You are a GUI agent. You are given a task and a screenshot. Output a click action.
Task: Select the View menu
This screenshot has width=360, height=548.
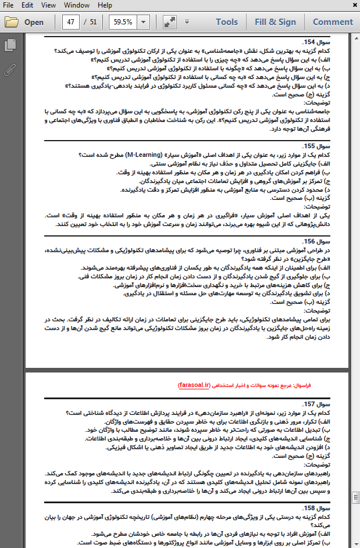point(49,5)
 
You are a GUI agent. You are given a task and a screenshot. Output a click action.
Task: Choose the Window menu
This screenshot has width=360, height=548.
point(76,5)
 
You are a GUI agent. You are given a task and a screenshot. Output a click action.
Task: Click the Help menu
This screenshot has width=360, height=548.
point(105,5)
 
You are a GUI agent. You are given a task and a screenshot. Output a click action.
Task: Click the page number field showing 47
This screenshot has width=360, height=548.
point(72,22)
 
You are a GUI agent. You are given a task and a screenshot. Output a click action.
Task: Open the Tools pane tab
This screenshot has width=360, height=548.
point(227,22)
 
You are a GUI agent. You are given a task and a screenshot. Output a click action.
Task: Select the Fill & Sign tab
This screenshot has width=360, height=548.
point(275,22)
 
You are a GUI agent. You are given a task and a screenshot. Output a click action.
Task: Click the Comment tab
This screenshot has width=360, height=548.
point(333,22)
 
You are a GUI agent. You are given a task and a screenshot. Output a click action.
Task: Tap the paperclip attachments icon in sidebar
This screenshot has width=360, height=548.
point(9,70)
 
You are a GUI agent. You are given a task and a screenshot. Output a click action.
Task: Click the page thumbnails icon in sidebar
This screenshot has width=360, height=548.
point(9,45)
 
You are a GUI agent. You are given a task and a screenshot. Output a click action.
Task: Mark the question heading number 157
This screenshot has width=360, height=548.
point(304,403)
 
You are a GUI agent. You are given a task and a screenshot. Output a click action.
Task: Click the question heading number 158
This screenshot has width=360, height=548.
point(304,507)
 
